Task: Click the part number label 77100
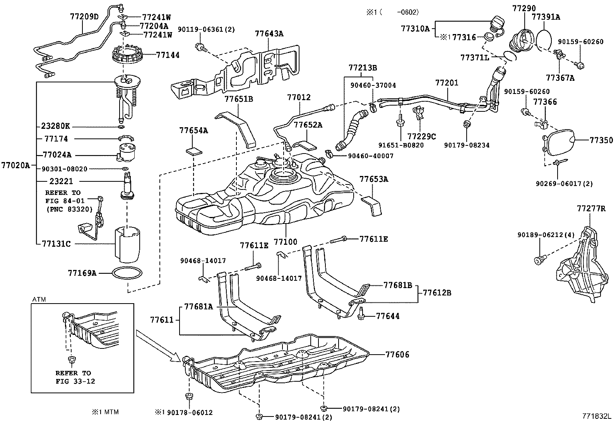[x=285, y=242]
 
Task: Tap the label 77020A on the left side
[x=15, y=165]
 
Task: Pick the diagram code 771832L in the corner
[x=596, y=416]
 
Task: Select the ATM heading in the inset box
[x=38, y=300]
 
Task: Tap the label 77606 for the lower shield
[x=397, y=354]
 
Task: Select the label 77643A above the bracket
[x=269, y=34]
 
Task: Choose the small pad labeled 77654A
[x=193, y=151]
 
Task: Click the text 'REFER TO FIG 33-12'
[x=74, y=377]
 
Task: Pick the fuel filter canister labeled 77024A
[x=126, y=152]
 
